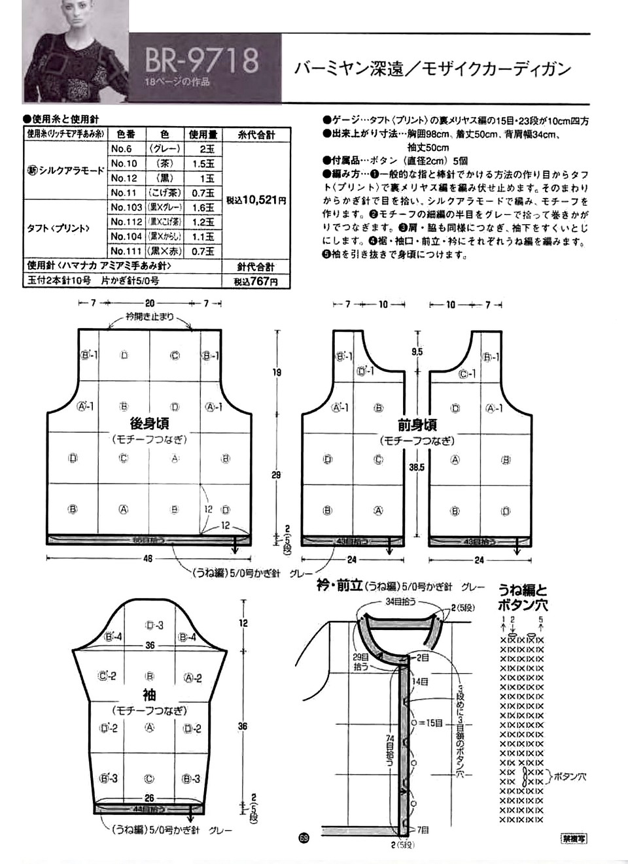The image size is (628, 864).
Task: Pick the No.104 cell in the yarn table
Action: point(126,237)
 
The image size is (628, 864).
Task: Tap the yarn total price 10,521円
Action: point(256,201)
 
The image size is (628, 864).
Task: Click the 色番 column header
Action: point(124,135)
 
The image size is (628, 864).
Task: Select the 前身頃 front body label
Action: point(417,425)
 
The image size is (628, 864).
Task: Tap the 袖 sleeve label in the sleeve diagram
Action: point(149,694)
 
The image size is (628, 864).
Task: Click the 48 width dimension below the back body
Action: point(148,559)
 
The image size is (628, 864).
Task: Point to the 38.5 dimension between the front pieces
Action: point(417,467)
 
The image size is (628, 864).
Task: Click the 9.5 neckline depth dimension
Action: point(417,352)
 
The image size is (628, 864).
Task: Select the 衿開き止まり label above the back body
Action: point(150,317)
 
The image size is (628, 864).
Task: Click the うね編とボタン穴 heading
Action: point(523,596)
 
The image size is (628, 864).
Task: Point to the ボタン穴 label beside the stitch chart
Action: point(570,777)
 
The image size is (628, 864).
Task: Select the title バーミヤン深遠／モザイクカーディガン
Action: point(432,69)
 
